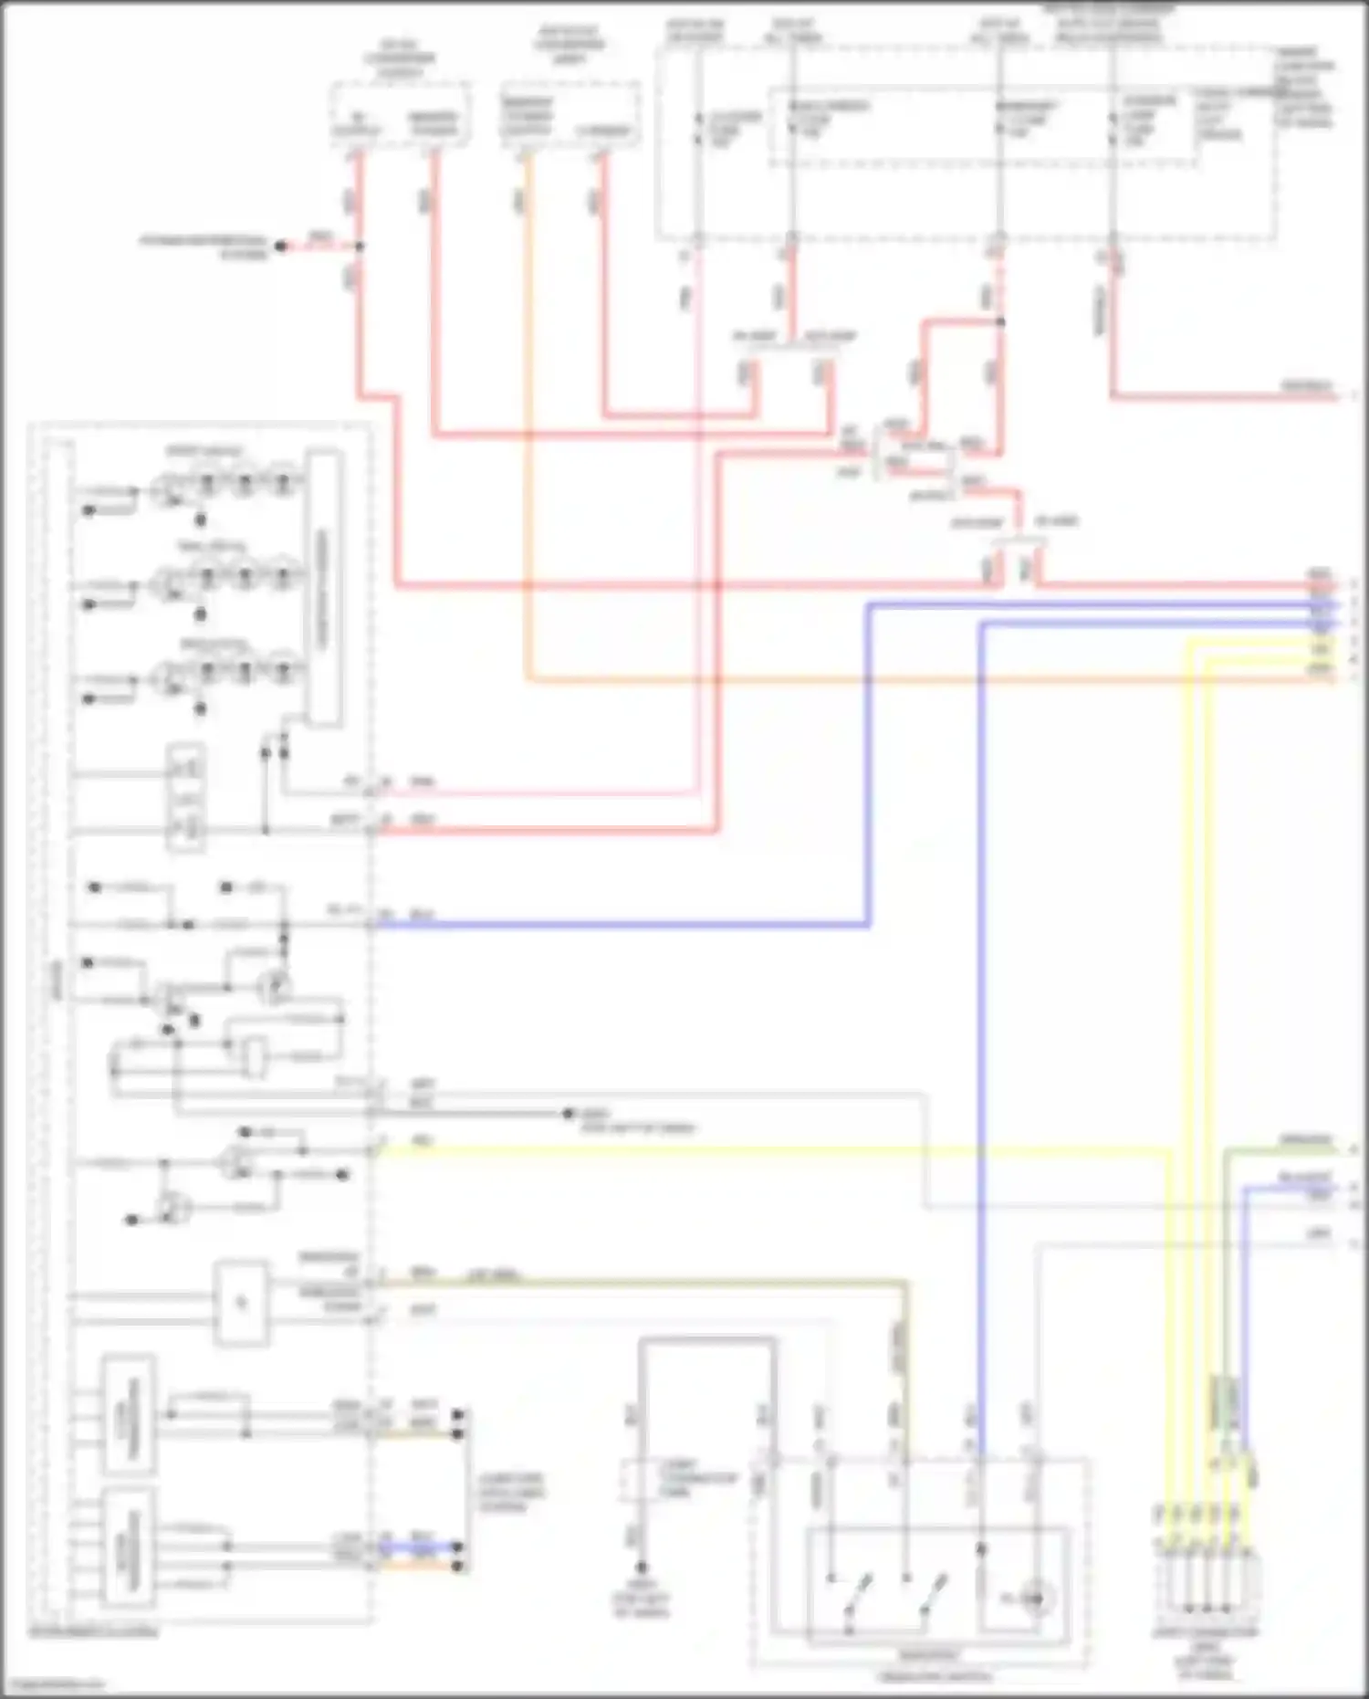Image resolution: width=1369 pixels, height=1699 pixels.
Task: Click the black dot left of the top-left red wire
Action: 281,246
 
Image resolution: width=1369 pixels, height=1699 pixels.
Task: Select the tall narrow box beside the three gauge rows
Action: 323,589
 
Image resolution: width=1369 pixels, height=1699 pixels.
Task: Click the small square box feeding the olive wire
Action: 241,1303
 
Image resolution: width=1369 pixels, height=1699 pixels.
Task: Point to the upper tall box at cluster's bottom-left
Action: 128,1415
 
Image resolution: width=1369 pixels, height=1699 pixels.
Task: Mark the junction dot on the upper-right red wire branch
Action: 1000,322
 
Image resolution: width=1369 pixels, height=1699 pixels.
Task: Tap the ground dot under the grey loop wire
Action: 642,1567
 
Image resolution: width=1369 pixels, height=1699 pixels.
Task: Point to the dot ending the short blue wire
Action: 459,1547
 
